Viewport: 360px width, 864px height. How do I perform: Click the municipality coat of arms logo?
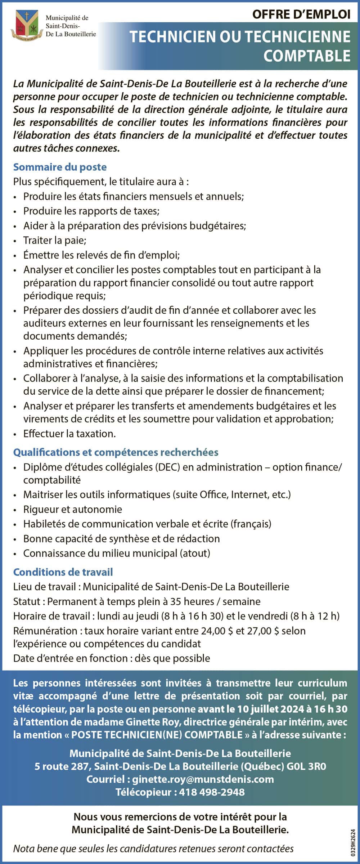pos(26,24)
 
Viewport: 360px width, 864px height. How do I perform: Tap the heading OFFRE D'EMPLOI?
pos(301,14)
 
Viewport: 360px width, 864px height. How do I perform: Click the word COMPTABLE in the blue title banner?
pos(307,56)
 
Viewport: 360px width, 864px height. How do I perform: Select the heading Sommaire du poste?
pos(60,167)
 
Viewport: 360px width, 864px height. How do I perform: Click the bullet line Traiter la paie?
pos(55,240)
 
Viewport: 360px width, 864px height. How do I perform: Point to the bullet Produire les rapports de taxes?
pos(91,211)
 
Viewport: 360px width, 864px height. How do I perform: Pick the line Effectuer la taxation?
pos(69,434)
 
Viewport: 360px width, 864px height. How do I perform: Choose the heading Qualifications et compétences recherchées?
pos(116,452)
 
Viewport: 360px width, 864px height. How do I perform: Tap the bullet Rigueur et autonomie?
pos(72,509)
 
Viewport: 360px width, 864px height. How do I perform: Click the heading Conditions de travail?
pos(63,572)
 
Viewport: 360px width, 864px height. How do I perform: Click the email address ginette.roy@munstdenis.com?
pos(203,779)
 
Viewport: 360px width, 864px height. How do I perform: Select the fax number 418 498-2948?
pos(212,792)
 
